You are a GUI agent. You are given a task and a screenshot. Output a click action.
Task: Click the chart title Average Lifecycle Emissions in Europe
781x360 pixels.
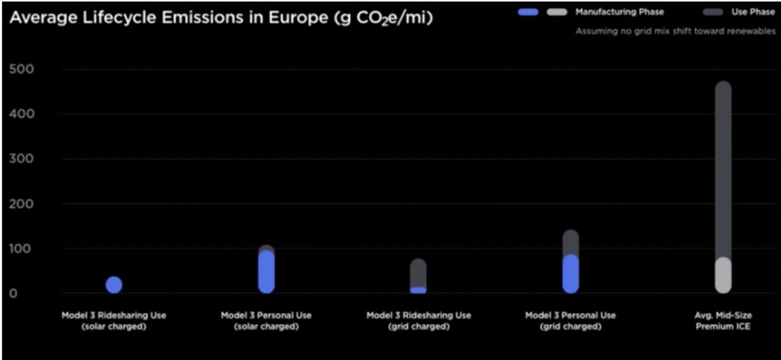point(220,18)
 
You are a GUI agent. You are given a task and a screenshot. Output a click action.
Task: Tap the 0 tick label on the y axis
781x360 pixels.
point(13,293)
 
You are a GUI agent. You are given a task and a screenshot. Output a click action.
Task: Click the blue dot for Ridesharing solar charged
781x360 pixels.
point(114,285)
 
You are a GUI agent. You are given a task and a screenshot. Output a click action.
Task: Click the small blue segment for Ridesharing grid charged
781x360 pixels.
point(418,290)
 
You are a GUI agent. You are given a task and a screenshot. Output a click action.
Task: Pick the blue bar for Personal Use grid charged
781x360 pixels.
point(570,273)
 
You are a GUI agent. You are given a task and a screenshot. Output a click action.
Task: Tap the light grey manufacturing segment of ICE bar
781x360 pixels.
point(723,276)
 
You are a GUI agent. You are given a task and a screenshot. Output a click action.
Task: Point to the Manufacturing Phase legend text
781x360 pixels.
point(619,12)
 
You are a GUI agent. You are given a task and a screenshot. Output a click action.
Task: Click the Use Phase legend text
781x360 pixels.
point(752,12)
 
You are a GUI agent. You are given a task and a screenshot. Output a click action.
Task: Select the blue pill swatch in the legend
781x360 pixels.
point(529,12)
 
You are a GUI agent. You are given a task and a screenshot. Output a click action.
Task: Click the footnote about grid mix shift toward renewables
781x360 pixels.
point(674,31)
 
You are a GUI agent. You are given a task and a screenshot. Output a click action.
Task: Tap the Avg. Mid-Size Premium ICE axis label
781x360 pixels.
point(723,321)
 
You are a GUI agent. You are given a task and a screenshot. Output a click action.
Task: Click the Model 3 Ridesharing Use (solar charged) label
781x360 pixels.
point(114,321)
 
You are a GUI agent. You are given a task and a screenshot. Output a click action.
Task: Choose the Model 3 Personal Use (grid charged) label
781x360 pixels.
point(570,321)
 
